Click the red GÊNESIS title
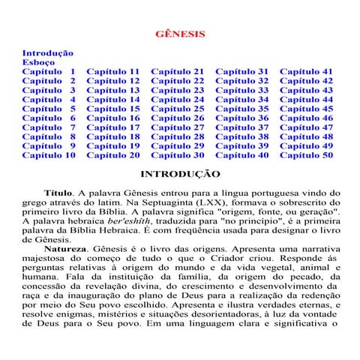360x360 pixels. [179, 34]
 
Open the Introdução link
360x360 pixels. [47, 53]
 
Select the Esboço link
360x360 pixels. [38, 63]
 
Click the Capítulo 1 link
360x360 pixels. [49, 72]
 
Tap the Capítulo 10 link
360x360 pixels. [49, 155]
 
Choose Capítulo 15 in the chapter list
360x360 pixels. [113, 109]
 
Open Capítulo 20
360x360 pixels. [113, 155]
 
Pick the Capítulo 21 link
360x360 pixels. [178, 72]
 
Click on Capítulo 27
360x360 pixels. [178, 127]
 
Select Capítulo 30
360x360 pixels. [178, 155]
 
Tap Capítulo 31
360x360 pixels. [242, 72]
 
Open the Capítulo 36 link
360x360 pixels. [242, 118]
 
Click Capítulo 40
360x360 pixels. [242, 155]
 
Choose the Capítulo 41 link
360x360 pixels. [307, 72]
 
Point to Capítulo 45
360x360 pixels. [307, 109]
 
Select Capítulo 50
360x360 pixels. [307, 155]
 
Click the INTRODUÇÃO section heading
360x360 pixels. [180, 174]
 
